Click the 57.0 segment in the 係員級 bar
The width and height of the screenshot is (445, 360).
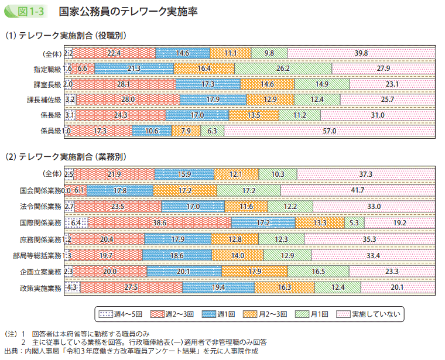click(x=329, y=131)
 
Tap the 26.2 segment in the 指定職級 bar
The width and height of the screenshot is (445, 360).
click(x=283, y=68)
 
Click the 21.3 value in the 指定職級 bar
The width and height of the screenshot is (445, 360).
click(x=133, y=68)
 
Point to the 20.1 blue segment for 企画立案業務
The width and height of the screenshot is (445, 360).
click(x=184, y=272)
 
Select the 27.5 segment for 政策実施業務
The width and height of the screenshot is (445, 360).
click(x=131, y=288)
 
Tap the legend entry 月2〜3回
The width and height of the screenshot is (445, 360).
click(x=266, y=314)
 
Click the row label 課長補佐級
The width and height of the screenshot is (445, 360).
click(x=44, y=100)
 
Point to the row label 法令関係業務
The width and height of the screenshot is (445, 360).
click(x=40, y=207)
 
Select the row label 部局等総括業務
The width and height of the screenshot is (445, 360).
click(x=36, y=255)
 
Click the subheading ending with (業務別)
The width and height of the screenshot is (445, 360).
click(x=64, y=157)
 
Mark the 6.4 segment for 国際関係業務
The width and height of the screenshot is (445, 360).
click(x=76, y=223)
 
